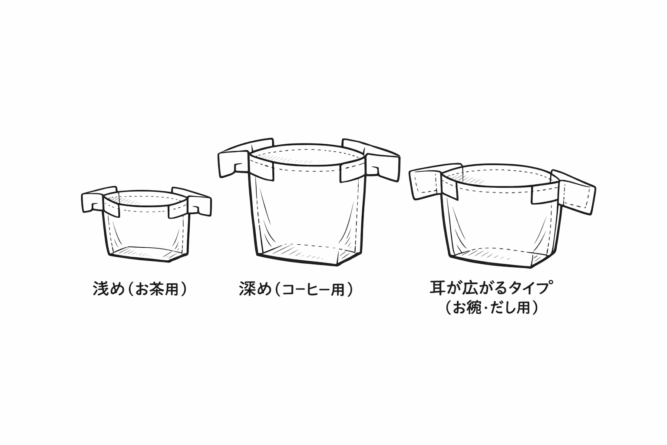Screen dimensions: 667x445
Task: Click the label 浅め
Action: [x=109, y=288]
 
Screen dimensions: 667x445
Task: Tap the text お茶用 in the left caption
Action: [x=157, y=289]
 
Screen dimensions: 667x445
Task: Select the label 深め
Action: [x=255, y=289]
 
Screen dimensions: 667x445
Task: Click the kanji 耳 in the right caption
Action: [x=437, y=287]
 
